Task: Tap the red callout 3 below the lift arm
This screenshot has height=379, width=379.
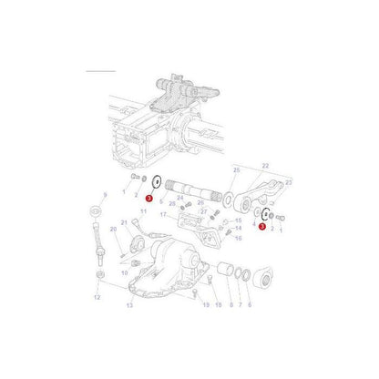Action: pos(262,226)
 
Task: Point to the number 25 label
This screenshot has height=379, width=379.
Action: pos(235,170)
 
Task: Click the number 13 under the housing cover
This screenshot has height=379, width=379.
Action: pos(128,306)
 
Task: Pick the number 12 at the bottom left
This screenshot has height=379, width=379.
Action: pos(97,297)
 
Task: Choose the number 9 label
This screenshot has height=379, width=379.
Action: pos(106,195)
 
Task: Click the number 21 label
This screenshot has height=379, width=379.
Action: pos(123,223)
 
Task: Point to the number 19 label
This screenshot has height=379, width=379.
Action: pos(207,305)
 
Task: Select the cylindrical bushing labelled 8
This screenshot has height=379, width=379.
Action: pos(221,273)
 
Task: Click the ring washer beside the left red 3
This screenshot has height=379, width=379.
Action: pos(159,183)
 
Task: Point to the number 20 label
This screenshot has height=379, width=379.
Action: pos(113,230)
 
